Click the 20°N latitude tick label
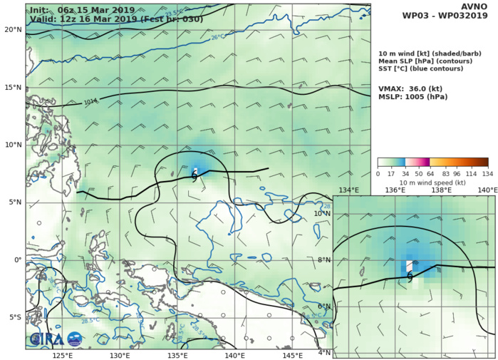pyautogui.click(x=12, y=29)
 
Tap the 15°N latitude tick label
pyautogui.click(x=12, y=87)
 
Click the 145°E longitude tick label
pyautogui.click(x=293, y=355)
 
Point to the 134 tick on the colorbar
pyautogui.click(x=487, y=173)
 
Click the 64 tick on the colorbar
pyautogui.click(x=430, y=173)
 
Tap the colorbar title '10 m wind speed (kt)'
pyautogui.click(x=432, y=182)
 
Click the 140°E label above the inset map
pyautogui.click(x=487, y=190)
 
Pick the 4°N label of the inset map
pyautogui.click(x=323, y=353)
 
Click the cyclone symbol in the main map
pyautogui.click(x=194, y=177)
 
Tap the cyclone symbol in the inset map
pyautogui.click(x=410, y=277)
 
